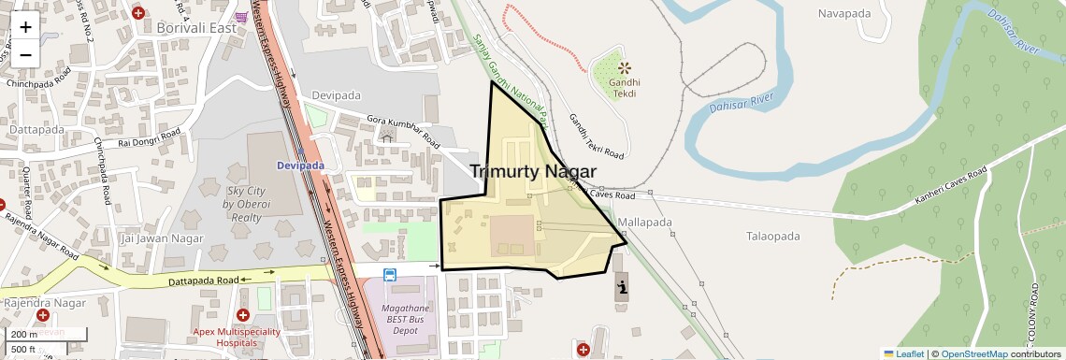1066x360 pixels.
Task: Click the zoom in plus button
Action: (25, 26)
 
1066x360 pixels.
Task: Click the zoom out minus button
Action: (25, 54)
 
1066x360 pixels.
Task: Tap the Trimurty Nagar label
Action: (532, 171)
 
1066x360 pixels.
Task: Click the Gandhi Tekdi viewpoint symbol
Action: (624, 67)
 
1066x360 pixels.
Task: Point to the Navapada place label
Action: (843, 13)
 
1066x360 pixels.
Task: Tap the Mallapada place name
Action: (645, 223)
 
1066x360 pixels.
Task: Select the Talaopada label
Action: (772, 237)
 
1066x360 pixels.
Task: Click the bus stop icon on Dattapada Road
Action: (389, 275)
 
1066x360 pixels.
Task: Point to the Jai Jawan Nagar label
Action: (162, 238)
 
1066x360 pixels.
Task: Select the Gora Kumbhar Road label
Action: (403, 132)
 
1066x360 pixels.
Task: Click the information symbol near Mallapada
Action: (622, 285)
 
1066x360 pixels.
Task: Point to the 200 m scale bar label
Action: (25, 334)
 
